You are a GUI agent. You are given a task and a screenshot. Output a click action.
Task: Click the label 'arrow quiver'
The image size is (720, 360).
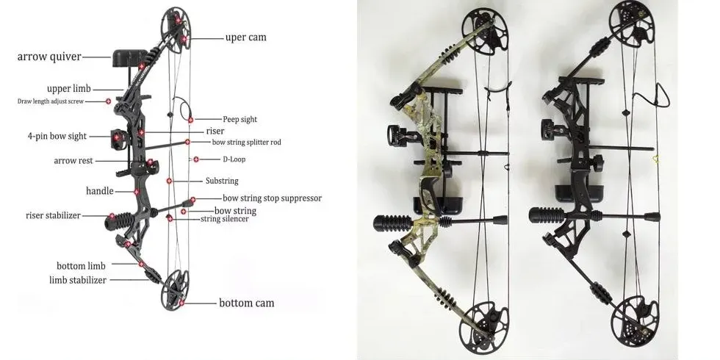[49, 57]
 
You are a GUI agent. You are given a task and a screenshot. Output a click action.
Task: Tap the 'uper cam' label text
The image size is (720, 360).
[245, 37]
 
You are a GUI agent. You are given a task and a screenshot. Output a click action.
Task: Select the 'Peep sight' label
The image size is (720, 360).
[240, 119]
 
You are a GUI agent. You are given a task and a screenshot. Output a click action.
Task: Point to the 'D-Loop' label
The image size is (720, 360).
[234, 159]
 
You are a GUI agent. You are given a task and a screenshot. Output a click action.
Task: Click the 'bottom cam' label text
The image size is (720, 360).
[247, 303]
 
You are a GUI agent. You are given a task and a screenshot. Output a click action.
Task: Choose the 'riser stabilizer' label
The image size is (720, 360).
[53, 215]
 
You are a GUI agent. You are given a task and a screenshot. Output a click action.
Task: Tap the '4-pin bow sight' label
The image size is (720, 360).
[57, 137]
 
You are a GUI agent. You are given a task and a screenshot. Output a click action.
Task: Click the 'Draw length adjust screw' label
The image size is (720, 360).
[51, 101]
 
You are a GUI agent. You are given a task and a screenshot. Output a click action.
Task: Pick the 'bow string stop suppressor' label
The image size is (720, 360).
[273, 198]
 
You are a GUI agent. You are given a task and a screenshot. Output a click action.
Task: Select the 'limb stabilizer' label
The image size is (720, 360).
[78, 280]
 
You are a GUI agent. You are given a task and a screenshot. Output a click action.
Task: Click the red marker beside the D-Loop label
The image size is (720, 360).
[196, 159]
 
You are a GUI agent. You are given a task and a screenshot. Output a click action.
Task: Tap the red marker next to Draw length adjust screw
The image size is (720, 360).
[109, 101]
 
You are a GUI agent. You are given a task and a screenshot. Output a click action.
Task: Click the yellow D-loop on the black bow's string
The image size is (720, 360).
[655, 159]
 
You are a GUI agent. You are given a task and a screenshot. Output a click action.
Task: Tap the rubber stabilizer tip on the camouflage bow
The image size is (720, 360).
[387, 223]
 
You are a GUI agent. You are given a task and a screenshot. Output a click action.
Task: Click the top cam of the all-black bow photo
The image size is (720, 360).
[634, 23]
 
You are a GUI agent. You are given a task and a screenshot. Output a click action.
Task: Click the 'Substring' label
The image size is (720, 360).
[222, 181]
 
